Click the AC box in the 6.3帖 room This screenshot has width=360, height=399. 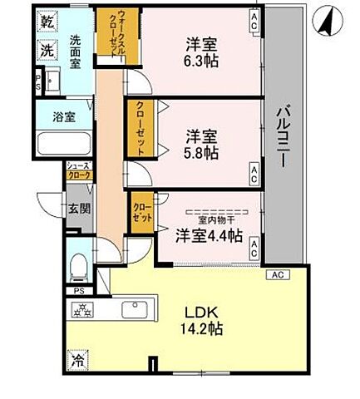253,24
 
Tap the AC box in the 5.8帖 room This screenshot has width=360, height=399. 253,173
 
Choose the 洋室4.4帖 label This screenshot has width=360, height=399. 208,236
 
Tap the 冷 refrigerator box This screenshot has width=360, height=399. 78,362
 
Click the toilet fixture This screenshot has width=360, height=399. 78,264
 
